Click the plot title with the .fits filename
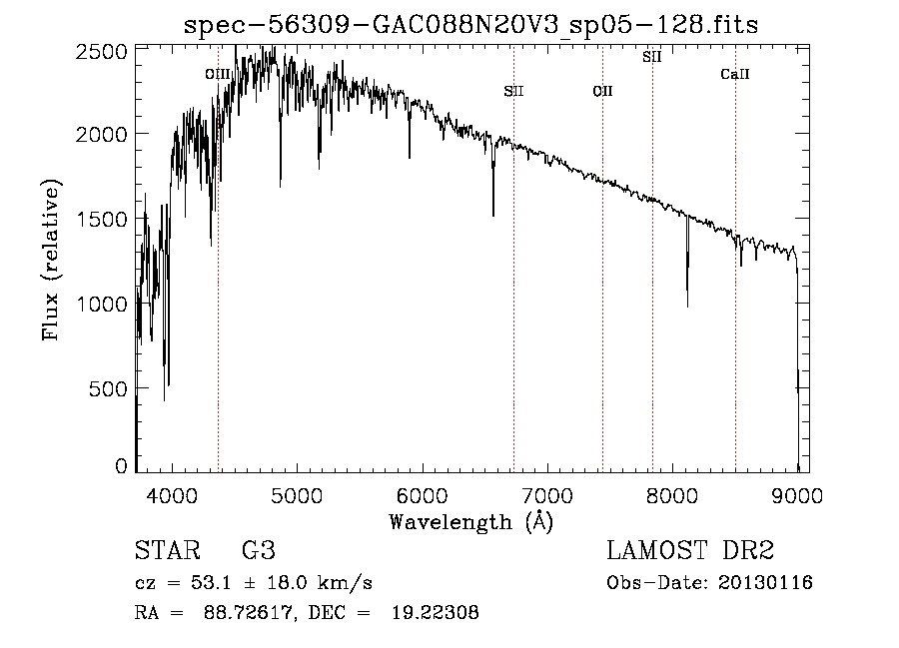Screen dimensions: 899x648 point(470,25)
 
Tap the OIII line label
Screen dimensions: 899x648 point(218,75)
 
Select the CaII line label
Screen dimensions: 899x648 point(735,74)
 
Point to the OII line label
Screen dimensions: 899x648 point(602,91)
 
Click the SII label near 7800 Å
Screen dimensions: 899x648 point(652,57)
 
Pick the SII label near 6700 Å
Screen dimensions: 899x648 point(513,91)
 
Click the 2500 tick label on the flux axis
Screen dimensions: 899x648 point(102,52)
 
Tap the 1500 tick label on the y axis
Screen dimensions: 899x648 point(102,220)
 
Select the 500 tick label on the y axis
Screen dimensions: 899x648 point(108,389)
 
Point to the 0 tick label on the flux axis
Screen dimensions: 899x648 point(121,466)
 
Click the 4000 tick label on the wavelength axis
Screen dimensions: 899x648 point(172,495)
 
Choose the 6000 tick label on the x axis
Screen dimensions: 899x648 point(423,495)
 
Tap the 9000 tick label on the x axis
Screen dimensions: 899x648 point(797,495)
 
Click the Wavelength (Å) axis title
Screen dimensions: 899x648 point(471,522)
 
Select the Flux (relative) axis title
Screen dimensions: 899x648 point(51,260)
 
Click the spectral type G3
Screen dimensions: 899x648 point(259,550)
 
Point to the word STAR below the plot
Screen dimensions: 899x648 point(168,550)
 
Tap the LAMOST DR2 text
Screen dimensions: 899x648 point(690,550)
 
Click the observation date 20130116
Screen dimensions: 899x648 point(765,583)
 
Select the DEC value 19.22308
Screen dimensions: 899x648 point(436,612)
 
